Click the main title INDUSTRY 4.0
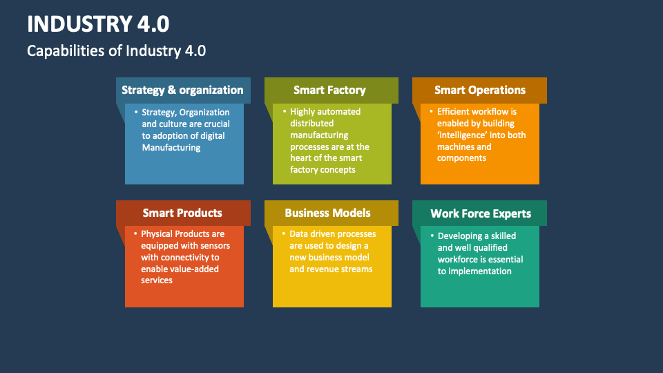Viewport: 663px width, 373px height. click(x=98, y=24)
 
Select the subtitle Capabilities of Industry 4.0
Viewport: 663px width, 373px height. click(x=116, y=50)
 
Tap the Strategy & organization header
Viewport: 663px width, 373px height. click(x=182, y=90)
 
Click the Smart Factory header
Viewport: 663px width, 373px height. click(x=329, y=90)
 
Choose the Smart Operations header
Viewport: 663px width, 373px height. click(x=479, y=90)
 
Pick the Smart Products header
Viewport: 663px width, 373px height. click(x=182, y=213)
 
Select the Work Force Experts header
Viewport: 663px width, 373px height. click(x=481, y=213)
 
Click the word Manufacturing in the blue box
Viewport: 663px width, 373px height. click(x=171, y=147)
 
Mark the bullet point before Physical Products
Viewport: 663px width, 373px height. click(x=136, y=234)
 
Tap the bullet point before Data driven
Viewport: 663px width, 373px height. click(x=284, y=234)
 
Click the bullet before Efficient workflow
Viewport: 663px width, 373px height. click(x=432, y=111)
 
